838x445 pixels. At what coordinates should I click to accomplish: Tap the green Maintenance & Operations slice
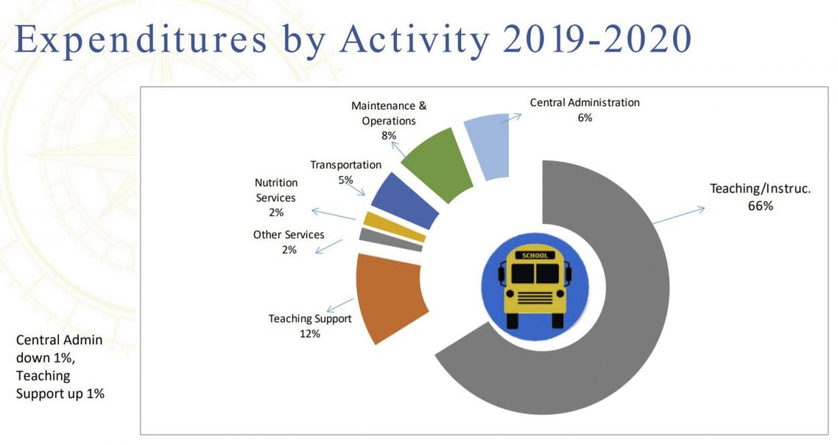click(440, 161)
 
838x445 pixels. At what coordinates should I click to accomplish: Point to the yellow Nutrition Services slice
click(394, 227)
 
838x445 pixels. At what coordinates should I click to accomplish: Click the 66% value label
click(760, 207)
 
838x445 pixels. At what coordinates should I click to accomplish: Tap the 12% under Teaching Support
click(310, 334)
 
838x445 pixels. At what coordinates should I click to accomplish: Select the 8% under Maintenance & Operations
click(389, 136)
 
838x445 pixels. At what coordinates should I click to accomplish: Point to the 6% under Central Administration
click(584, 117)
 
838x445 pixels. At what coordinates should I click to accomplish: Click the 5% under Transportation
click(345, 180)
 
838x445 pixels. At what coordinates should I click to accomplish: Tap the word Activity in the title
click(413, 40)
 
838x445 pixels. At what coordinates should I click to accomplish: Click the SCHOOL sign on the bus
click(534, 256)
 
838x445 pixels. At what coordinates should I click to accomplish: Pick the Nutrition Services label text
click(276, 190)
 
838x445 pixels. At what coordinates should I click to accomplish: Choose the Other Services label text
click(288, 235)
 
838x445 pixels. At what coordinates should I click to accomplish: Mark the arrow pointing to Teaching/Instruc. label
click(678, 215)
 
